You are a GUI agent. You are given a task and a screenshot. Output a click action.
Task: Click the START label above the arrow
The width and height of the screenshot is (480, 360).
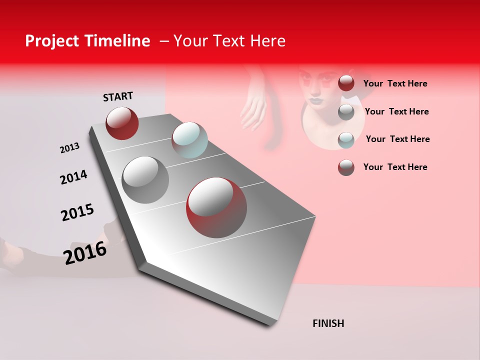118,96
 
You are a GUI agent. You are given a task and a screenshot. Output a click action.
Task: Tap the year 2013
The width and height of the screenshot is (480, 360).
69,148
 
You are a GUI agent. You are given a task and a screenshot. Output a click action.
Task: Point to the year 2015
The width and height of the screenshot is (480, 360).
77,212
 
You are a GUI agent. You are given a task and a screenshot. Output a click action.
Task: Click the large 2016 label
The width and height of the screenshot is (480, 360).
85,253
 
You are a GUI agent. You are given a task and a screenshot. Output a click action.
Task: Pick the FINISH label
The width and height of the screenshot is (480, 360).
328,323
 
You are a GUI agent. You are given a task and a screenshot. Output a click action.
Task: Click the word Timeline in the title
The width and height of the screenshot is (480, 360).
119,41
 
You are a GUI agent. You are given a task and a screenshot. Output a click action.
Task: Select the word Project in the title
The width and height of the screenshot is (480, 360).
52,41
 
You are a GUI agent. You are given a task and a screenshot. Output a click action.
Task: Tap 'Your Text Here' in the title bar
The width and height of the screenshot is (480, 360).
229,41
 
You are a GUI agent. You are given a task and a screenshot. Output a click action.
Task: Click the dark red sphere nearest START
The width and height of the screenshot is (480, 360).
122,123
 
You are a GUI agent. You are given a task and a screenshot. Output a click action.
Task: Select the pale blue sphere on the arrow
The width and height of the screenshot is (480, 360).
189,139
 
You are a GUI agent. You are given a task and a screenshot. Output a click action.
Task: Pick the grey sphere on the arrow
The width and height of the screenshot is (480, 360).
145,180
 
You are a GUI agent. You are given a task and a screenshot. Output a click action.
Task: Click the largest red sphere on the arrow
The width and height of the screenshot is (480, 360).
216,207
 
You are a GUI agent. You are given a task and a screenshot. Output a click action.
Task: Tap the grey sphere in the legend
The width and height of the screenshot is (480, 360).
346,112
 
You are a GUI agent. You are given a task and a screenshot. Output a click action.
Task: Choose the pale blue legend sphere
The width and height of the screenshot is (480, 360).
346,140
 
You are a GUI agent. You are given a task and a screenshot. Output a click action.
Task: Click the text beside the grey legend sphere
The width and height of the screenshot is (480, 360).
396,111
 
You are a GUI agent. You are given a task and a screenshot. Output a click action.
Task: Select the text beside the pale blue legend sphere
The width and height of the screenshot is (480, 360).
397,139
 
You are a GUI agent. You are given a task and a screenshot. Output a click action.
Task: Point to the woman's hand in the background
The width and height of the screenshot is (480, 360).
253,110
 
